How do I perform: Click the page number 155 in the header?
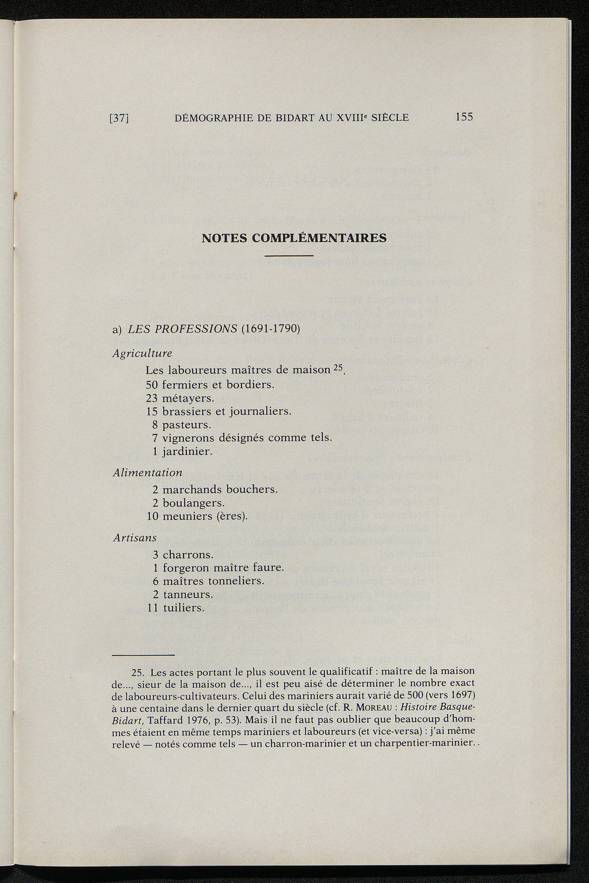pos(464,117)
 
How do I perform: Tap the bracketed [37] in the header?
pos(118,119)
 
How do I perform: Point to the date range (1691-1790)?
pos(271,330)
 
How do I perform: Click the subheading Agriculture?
pos(142,353)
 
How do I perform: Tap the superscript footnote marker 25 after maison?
pos(337,368)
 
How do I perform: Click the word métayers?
pos(188,397)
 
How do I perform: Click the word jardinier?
pos(188,452)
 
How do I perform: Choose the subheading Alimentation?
pos(147,472)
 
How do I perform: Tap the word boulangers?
pos(193,503)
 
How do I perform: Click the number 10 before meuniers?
pos(152,516)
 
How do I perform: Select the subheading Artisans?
pos(135,537)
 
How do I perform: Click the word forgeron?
pos(188,568)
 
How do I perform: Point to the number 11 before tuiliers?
pos(152,607)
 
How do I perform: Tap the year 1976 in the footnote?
pos(183,720)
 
